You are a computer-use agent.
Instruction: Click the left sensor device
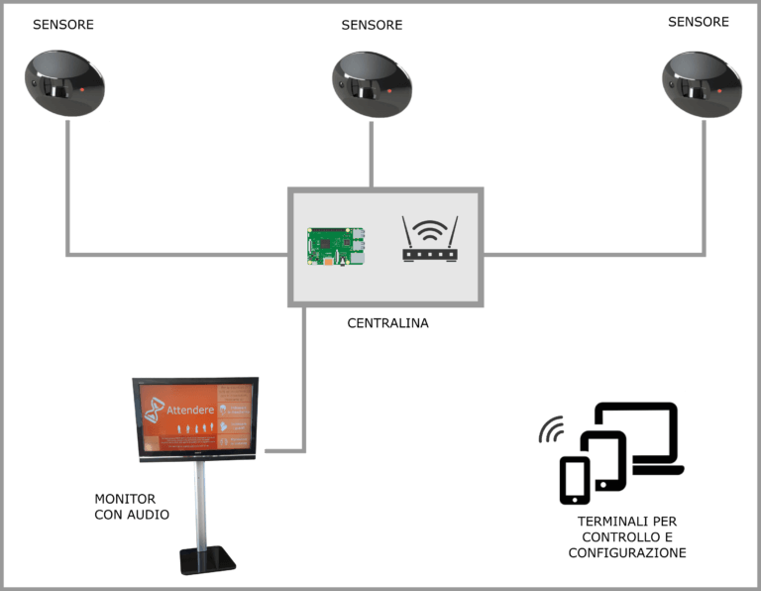(x=64, y=83)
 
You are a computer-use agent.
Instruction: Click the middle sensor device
(x=372, y=83)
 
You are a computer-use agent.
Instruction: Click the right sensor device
(x=703, y=83)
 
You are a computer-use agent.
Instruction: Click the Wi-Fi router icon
(x=430, y=241)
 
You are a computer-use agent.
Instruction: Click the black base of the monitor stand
(x=207, y=562)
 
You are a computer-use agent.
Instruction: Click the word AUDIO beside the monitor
(x=149, y=515)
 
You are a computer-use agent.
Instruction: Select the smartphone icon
(x=575, y=480)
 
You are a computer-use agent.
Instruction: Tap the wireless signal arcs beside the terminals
(x=551, y=430)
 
